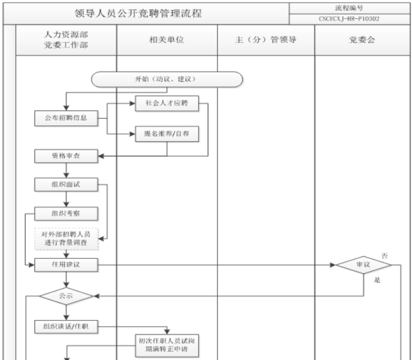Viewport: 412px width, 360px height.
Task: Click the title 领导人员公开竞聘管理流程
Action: click(147, 13)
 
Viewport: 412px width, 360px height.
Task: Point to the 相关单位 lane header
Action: click(167, 40)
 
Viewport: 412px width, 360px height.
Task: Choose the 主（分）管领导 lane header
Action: click(266, 40)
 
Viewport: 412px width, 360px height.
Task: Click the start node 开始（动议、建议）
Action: click(167, 79)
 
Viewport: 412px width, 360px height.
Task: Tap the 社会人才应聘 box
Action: click(167, 104)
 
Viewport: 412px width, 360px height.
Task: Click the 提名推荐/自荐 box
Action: click(167, 134)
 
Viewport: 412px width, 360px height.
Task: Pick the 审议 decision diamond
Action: click(364, 265)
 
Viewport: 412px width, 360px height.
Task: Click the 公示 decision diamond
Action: click(66, 296)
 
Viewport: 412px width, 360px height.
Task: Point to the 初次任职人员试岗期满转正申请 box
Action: click(167, 345)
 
